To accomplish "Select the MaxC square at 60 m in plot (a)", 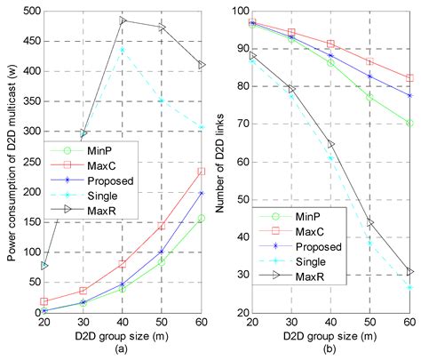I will [203, 172].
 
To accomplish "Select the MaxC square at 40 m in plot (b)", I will [330, 44].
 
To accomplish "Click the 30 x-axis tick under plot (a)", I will [83, 321].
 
